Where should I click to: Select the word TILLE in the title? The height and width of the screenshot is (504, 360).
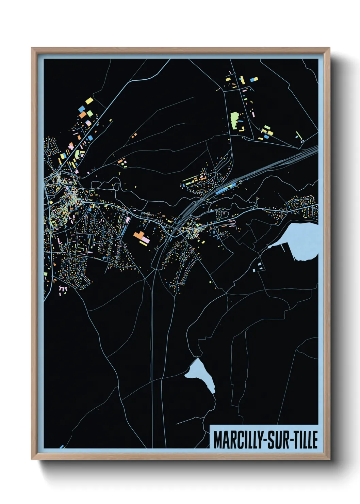[305, 440]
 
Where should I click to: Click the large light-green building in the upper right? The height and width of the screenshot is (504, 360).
[234, 120]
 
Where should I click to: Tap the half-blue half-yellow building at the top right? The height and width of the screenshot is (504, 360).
[254, 80]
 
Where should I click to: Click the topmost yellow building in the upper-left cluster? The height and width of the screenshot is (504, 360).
[89, 101]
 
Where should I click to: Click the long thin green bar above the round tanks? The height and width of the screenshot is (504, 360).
[297, 135]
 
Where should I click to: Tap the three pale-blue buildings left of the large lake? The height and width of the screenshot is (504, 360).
[258, 267]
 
